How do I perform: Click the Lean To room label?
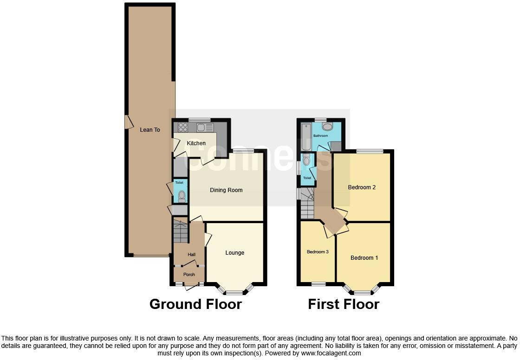coord(150,130)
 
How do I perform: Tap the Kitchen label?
coord(196,143)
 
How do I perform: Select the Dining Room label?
coord(226,190)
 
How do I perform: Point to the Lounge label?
coord(234,253)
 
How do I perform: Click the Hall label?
coord(191,255)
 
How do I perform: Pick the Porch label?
coord(189,275)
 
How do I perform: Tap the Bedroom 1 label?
coord(364,258)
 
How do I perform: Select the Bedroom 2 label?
coord(362,187)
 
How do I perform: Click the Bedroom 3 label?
coord(318,252)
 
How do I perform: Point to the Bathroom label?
coord(320,136)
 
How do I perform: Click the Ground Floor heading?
coord(195,304)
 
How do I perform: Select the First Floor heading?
coord(344,304)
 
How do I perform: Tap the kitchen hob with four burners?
coord(182,127)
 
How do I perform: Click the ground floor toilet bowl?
coord(181,196)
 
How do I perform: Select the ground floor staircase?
coord(180,231)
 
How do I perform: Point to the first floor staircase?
coord(307,204)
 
